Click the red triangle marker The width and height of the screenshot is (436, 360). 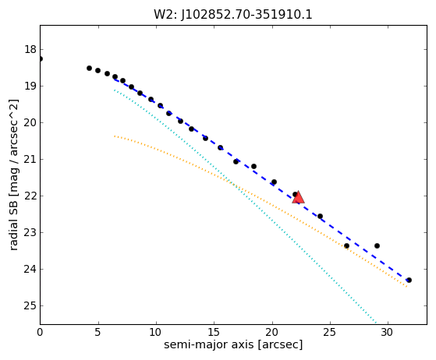tap(299, 197)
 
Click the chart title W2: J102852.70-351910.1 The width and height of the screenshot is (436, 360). tap(233, 15)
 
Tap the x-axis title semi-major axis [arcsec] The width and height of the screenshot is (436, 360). tap(233, 344)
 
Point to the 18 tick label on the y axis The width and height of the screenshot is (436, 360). tap(30, 49)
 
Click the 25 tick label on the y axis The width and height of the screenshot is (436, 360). tap(30, 305)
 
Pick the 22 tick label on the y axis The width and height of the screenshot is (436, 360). tap(30, 196)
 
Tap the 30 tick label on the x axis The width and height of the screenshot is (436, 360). tap(388, 332)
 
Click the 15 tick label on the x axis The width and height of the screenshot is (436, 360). tap(214, 332)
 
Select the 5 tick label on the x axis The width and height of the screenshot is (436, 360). tap(98, 332)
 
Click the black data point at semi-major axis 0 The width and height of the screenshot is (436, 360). tap(41, 59)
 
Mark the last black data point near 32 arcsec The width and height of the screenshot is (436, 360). tap(409, 280)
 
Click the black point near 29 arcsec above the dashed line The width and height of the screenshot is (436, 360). tap(377, 245)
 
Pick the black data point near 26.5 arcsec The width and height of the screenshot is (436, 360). tap(346, 245)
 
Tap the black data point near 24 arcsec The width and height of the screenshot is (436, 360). tap(320, 216)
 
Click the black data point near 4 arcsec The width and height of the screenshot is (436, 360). tap(89, 68)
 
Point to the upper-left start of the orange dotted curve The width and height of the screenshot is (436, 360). tap(115, 136)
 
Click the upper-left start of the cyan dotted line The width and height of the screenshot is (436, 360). tap(115, 90)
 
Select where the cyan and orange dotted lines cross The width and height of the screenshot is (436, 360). tap(232, 183)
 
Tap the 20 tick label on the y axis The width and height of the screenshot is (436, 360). tap(30, 122)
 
